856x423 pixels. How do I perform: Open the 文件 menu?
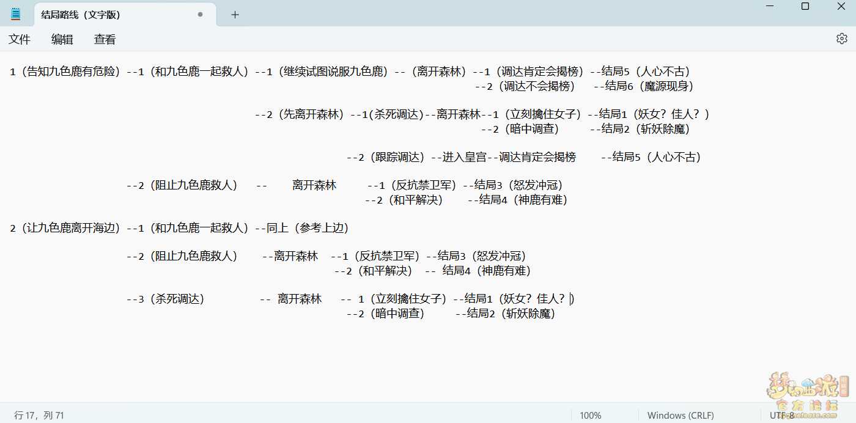(20, 39)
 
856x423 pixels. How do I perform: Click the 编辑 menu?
(62, 39)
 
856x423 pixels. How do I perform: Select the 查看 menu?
(105, 39)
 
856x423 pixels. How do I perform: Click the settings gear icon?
(841, 39)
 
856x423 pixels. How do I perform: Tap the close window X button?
(841, 6)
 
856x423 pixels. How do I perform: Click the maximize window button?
(805, 6)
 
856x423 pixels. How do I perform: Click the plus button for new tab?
(235, 15)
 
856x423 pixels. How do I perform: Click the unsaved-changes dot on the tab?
(200, 15)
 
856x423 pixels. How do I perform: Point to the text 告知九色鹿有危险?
(71, 72)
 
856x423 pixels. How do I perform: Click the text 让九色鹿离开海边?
(71, 228)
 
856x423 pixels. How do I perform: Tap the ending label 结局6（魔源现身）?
(649, 86)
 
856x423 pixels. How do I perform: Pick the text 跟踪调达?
(397, 157)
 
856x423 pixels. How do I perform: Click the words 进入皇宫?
(464, 157)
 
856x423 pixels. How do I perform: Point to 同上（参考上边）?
(307, 228)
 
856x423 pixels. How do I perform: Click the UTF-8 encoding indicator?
(782, 415)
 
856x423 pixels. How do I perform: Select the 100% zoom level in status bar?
(591, 415)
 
